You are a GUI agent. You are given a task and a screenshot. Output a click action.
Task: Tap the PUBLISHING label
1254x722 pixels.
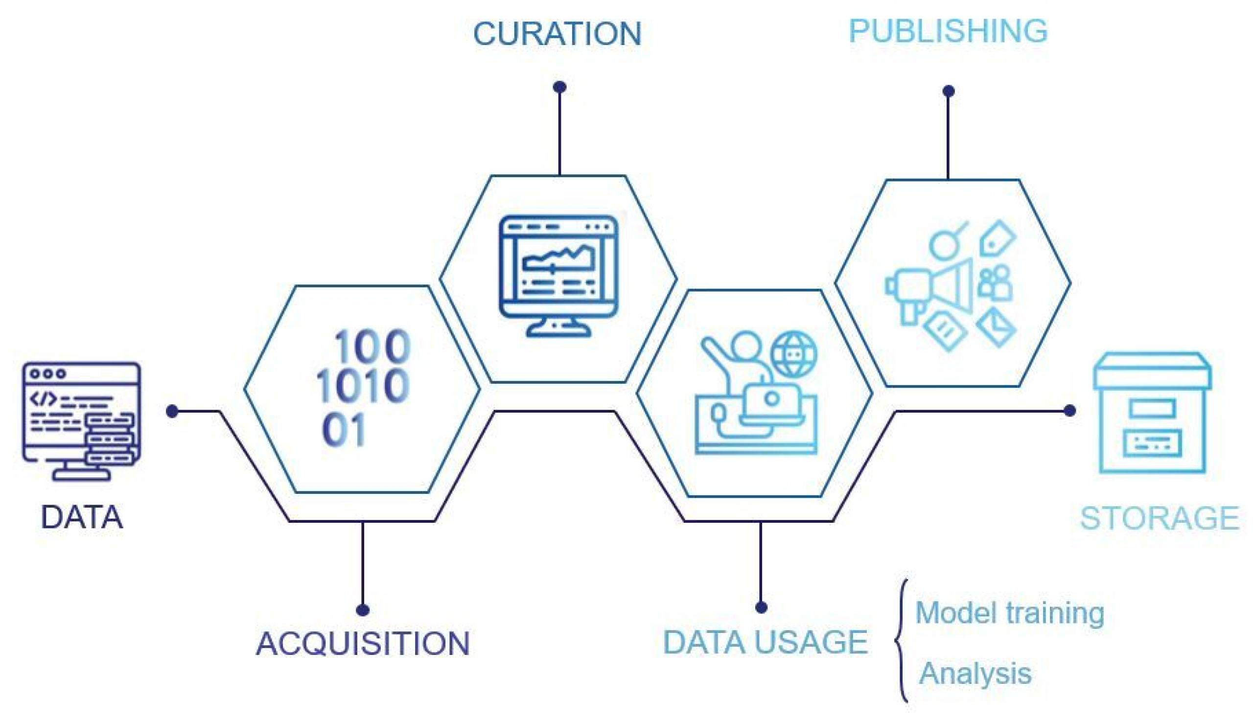coord(948,31)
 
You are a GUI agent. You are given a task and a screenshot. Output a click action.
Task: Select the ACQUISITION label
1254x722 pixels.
coord(363,644)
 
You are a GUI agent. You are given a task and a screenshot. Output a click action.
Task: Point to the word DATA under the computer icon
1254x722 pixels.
coord(81,517)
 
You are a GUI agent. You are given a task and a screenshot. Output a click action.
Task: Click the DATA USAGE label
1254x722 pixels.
coord(765,642)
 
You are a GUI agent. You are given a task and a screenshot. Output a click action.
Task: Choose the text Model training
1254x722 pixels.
coord(1010,613)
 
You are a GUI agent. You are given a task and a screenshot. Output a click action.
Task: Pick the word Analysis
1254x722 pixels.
coord(975,674)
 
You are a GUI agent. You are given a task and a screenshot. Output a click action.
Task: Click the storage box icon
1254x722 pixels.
coord(1152,413)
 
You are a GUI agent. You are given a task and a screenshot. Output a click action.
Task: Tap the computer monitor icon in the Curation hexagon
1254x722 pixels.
coord(558,275)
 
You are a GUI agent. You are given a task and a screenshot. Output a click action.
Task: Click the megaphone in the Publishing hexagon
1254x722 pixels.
coord(932,290)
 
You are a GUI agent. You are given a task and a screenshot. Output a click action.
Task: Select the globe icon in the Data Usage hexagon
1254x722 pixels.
coord(793,354)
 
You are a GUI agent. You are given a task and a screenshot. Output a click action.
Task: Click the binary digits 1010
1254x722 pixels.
coord(362,386)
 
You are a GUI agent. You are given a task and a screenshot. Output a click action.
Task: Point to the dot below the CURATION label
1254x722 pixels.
coord(559,87)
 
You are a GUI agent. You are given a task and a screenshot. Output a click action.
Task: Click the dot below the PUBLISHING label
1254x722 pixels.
coord(948,91)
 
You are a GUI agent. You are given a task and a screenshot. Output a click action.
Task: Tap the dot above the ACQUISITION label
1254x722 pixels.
coord(363,609)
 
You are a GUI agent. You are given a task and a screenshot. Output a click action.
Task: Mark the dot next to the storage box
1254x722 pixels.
coord(1069,411)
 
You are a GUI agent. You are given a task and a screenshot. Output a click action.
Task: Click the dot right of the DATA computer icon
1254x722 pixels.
coord(172,411)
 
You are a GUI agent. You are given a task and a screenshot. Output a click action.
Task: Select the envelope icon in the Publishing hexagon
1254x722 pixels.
coord(996,327)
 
